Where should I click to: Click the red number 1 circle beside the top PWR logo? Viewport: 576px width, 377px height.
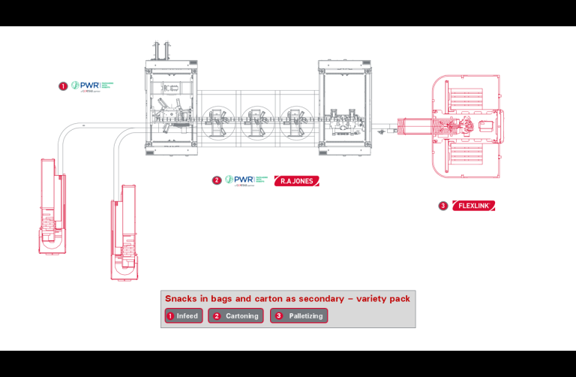(63, 86)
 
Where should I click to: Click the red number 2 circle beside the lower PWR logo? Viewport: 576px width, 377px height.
(217, 180)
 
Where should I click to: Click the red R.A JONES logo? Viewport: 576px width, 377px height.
(296, 180)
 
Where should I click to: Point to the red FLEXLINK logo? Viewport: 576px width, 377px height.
(475, 205)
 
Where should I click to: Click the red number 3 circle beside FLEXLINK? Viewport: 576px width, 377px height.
(443, 205)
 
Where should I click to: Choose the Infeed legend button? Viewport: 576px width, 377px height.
(183, 316)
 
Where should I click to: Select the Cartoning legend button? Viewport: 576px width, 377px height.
(236, 316)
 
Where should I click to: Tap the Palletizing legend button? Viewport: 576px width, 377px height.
(299, 316)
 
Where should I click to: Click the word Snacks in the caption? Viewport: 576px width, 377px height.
(181, 299)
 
